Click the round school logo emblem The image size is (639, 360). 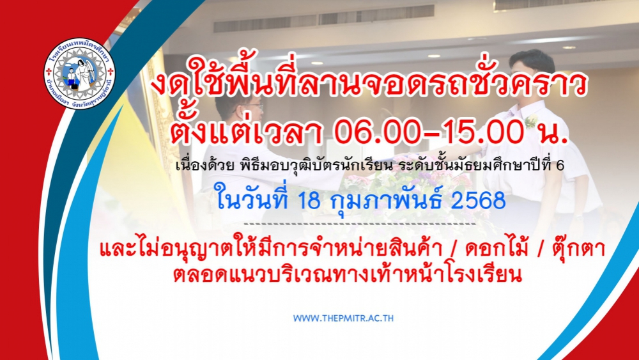pos(79,74)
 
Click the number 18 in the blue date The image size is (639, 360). pos(309,200)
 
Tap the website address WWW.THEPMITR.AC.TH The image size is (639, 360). pos(344,318)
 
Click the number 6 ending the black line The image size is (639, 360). pos(560,166)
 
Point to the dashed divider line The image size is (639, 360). pos(360,224)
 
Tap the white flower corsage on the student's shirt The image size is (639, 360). pos(530,121)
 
